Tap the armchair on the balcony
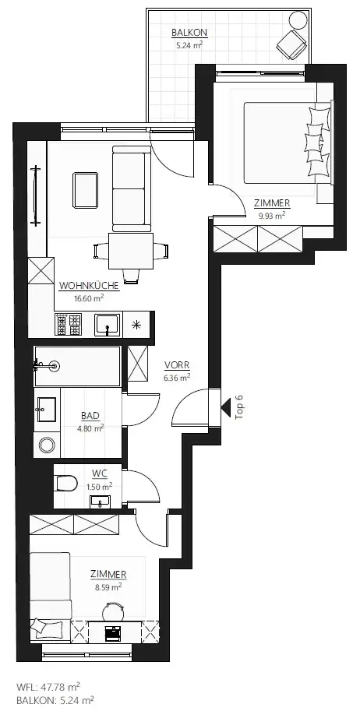point(293,41)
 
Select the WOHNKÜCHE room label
point(82,286)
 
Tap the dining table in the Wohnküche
point(131,251)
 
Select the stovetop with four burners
point(69,324)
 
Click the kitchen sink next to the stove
point(107,324)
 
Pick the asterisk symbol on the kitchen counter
point(137,325)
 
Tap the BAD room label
point(90,416)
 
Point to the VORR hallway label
point(177,365)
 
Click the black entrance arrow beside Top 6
point(228,406)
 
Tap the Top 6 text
point(240,407)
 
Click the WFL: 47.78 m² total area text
point(48,687)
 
